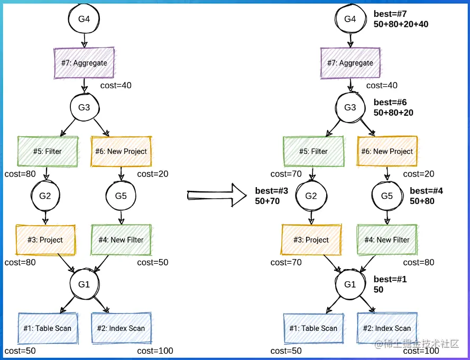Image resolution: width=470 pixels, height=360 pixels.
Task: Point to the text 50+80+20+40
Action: click(x=401, y=24)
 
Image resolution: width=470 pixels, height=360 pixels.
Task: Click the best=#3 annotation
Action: click(x=272, y=190)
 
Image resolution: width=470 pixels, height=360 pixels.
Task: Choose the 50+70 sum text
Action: click(x=267, y=201)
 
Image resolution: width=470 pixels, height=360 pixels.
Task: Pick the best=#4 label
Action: click(x=427, y=190)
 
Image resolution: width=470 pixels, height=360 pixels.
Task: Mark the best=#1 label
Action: click(x=390, y=279)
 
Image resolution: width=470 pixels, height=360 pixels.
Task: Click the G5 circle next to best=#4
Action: click(x=387, y=196)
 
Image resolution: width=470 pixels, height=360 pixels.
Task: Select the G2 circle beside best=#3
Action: click(x=311, y=196)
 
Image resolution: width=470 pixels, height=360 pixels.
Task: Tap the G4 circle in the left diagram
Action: click(x=84, y=19)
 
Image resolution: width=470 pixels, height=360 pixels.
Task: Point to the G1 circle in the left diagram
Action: click(x=84, y=284)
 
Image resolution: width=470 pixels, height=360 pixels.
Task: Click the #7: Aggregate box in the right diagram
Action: click(x=350, y=63)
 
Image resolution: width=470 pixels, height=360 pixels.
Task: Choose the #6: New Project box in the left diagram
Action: click(x=121, y=151)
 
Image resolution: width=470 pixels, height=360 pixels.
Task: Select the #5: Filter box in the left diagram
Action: click(x=48, y=151)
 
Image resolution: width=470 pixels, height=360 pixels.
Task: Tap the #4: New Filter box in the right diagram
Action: click(x=387, y=239)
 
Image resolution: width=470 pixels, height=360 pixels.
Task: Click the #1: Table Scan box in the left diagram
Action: click(x=48, y=328)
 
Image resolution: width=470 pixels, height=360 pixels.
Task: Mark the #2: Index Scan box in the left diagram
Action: click(x=121, y=328)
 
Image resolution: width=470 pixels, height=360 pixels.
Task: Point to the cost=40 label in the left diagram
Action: click(x=116, y=86)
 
